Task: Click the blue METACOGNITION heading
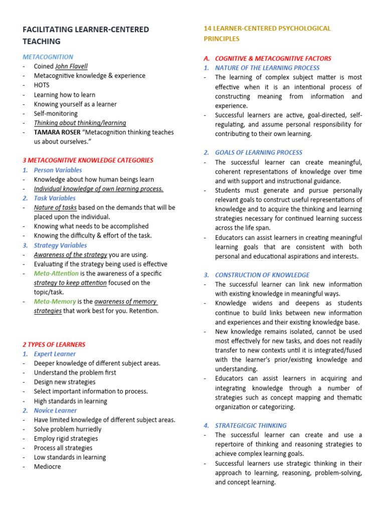click(x=48, y=57)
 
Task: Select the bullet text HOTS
click(x=42, y=85)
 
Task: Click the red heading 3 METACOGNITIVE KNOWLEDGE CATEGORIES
click(x=88, y=161)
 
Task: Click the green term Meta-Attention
click(x=56, y=274)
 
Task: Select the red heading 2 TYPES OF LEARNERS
click(x=54, y=345)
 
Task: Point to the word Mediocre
click(x=47, y=467)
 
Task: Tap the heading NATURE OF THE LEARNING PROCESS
click(x=267, y=68)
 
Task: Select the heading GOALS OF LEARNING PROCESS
click(x=259, y=153)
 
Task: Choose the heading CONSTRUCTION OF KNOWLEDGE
click(x=262, y=275)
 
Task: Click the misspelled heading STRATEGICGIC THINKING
click(x=251, y=425)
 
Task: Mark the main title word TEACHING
click(x=42, y=42)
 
